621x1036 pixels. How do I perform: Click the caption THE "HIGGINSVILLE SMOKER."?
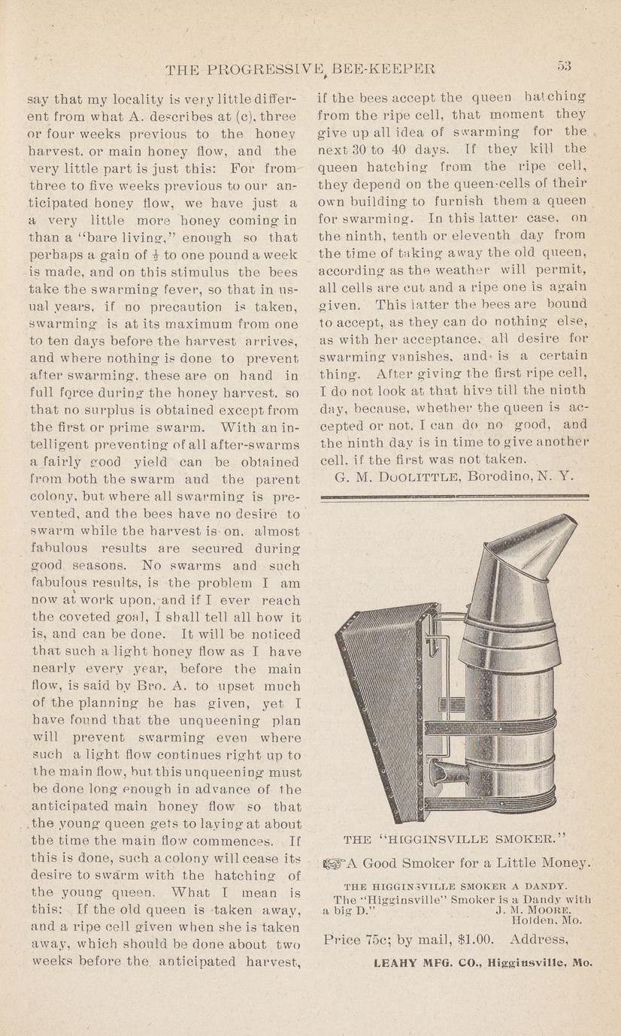coord(454,838)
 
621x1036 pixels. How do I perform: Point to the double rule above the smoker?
coord(454,497)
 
